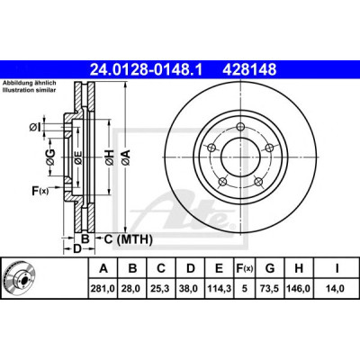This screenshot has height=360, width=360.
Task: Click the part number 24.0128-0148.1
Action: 147,70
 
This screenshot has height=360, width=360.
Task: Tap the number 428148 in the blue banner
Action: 249,70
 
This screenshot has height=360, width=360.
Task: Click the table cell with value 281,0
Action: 103,289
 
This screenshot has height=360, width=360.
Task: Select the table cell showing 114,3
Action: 220,289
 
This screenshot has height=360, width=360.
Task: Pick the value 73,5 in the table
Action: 270,289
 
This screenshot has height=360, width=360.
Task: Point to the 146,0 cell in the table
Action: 299,289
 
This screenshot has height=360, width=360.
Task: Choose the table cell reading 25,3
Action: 161,289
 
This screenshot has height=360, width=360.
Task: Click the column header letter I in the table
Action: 337,268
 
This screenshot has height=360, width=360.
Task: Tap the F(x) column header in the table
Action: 245,268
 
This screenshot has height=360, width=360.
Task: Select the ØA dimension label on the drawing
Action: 126,157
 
